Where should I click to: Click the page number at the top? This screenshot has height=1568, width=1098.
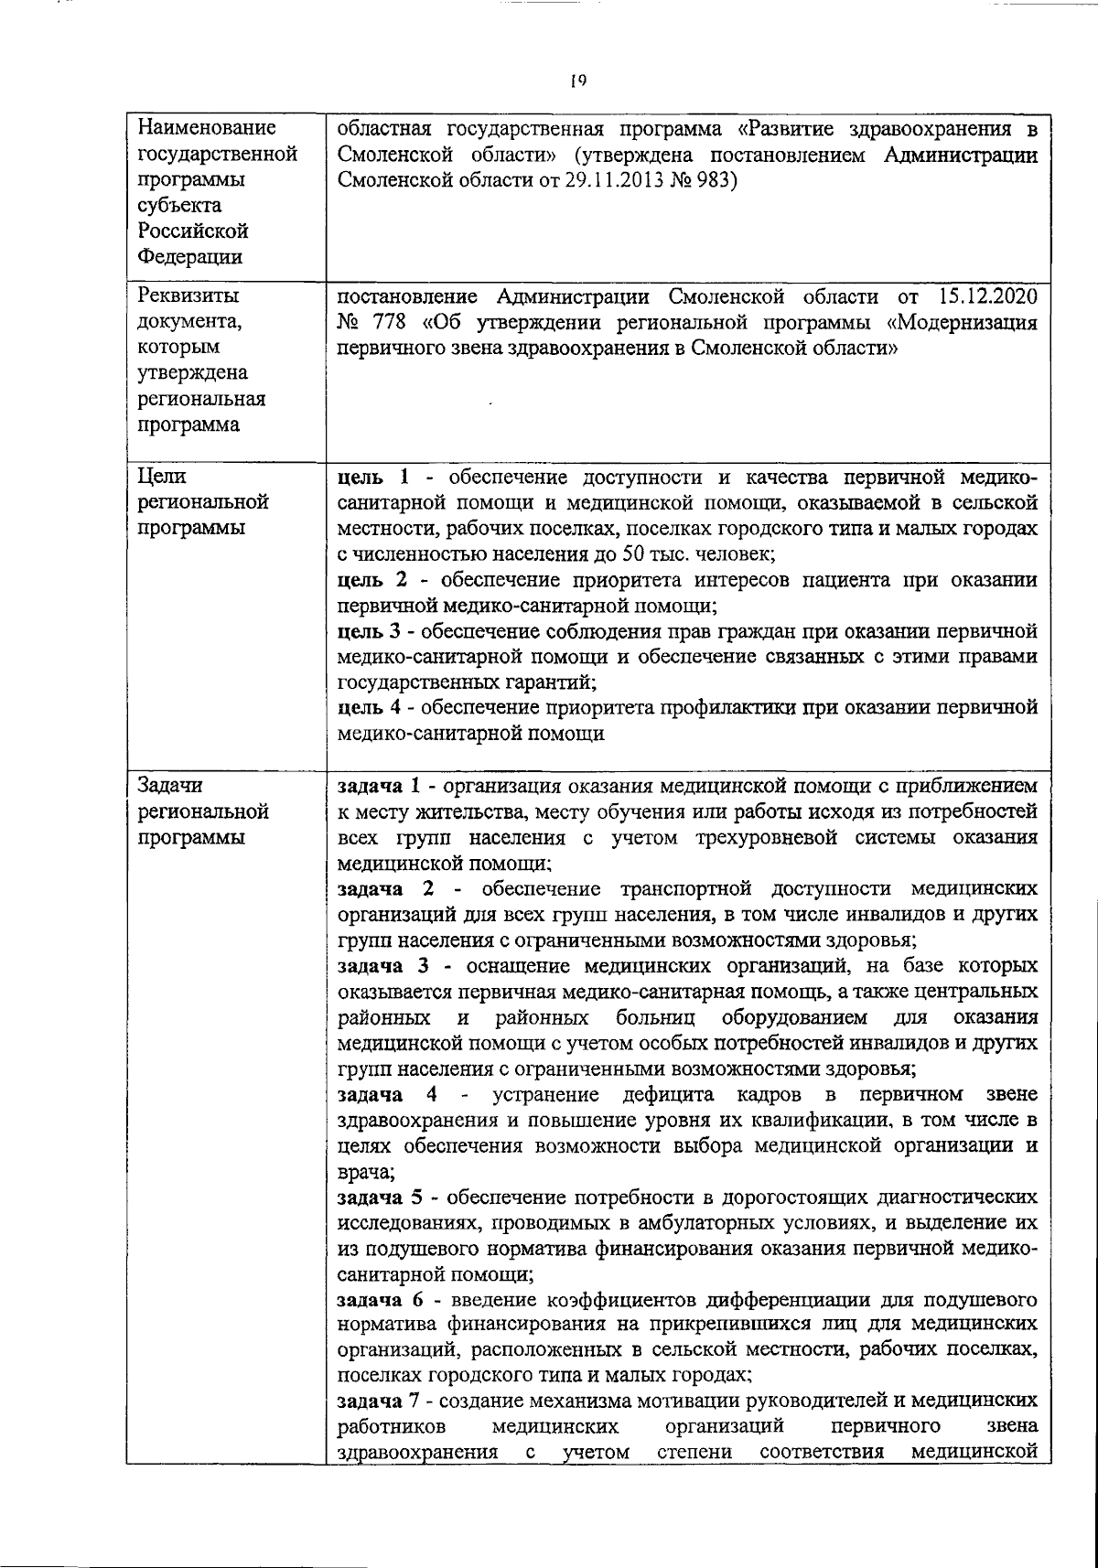coord(577,81)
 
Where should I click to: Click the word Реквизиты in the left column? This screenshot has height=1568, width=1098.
coord(183,297)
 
